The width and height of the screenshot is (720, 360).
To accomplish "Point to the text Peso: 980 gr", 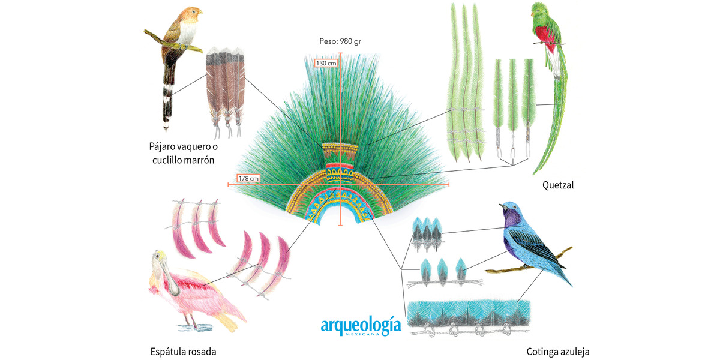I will [340, 41].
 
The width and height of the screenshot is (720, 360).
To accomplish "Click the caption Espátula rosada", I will [183, 352].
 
